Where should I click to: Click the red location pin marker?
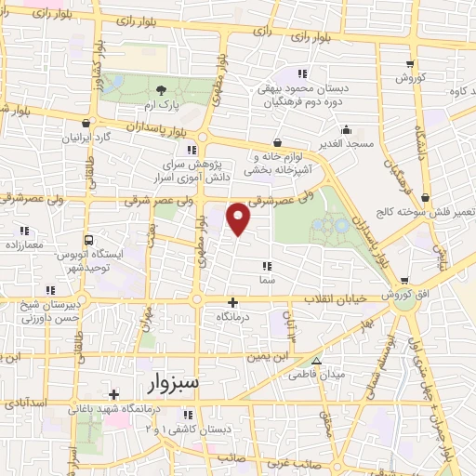[x=239, y=217]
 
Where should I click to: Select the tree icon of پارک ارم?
[x=163, y=89]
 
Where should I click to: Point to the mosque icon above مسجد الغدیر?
[x=346, y=129]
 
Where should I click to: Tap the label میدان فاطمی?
[x=343, y=374]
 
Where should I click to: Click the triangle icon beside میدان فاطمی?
[x=316, y=361]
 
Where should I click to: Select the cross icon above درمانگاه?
[x=232, y=301]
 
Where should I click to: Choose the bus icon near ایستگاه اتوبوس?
[x=88, y=238]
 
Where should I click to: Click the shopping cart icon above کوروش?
[x=410, y=64]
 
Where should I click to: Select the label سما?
[x=268, y=278]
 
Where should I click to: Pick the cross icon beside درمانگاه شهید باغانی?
[x=114, y=394]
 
